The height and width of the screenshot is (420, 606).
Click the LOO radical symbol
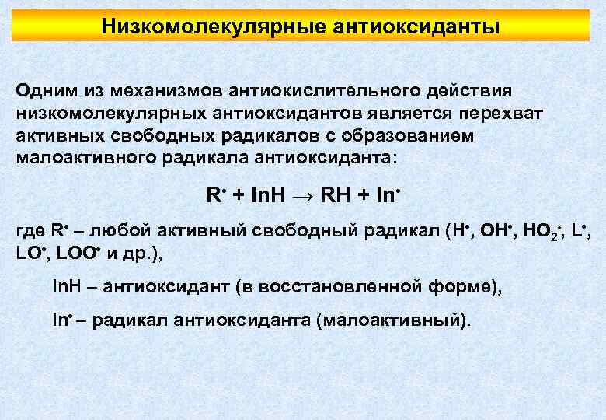click(78, 253)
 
